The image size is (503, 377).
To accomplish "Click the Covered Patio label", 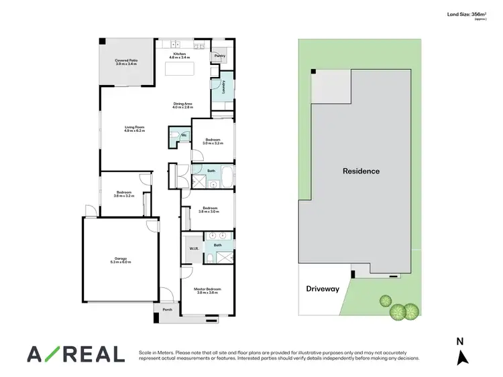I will [x=125, y=60].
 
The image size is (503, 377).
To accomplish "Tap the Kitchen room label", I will [x=179, y=54].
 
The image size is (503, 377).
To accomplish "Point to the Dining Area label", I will [x=183, y=103].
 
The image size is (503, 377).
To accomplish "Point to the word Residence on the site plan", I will [x=361, y=171].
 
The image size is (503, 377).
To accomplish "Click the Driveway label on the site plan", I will [x=323, y=289].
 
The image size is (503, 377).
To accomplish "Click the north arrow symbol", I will [x=462, y=358].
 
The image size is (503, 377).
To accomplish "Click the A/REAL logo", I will [x=75, y=354].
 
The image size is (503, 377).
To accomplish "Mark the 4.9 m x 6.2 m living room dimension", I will [x=134, y=131].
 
